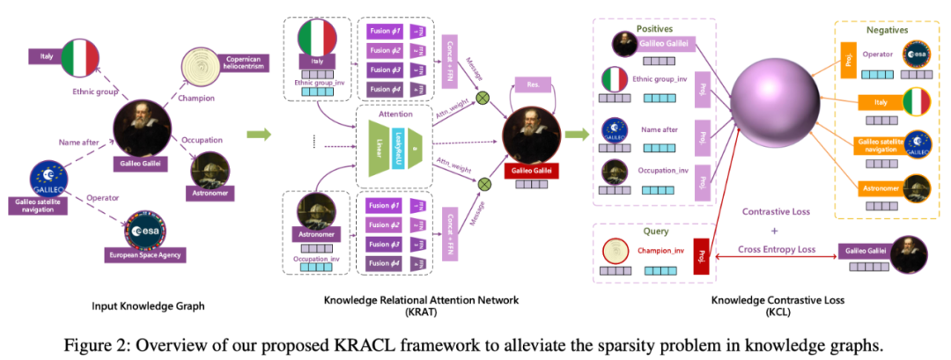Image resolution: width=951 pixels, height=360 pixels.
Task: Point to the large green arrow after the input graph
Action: [258, 135]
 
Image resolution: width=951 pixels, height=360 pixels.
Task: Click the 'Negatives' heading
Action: [886, 29]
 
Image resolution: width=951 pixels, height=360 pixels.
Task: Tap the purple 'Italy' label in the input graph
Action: [47, 56]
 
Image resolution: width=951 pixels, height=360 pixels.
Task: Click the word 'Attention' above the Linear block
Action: [395, 114]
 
